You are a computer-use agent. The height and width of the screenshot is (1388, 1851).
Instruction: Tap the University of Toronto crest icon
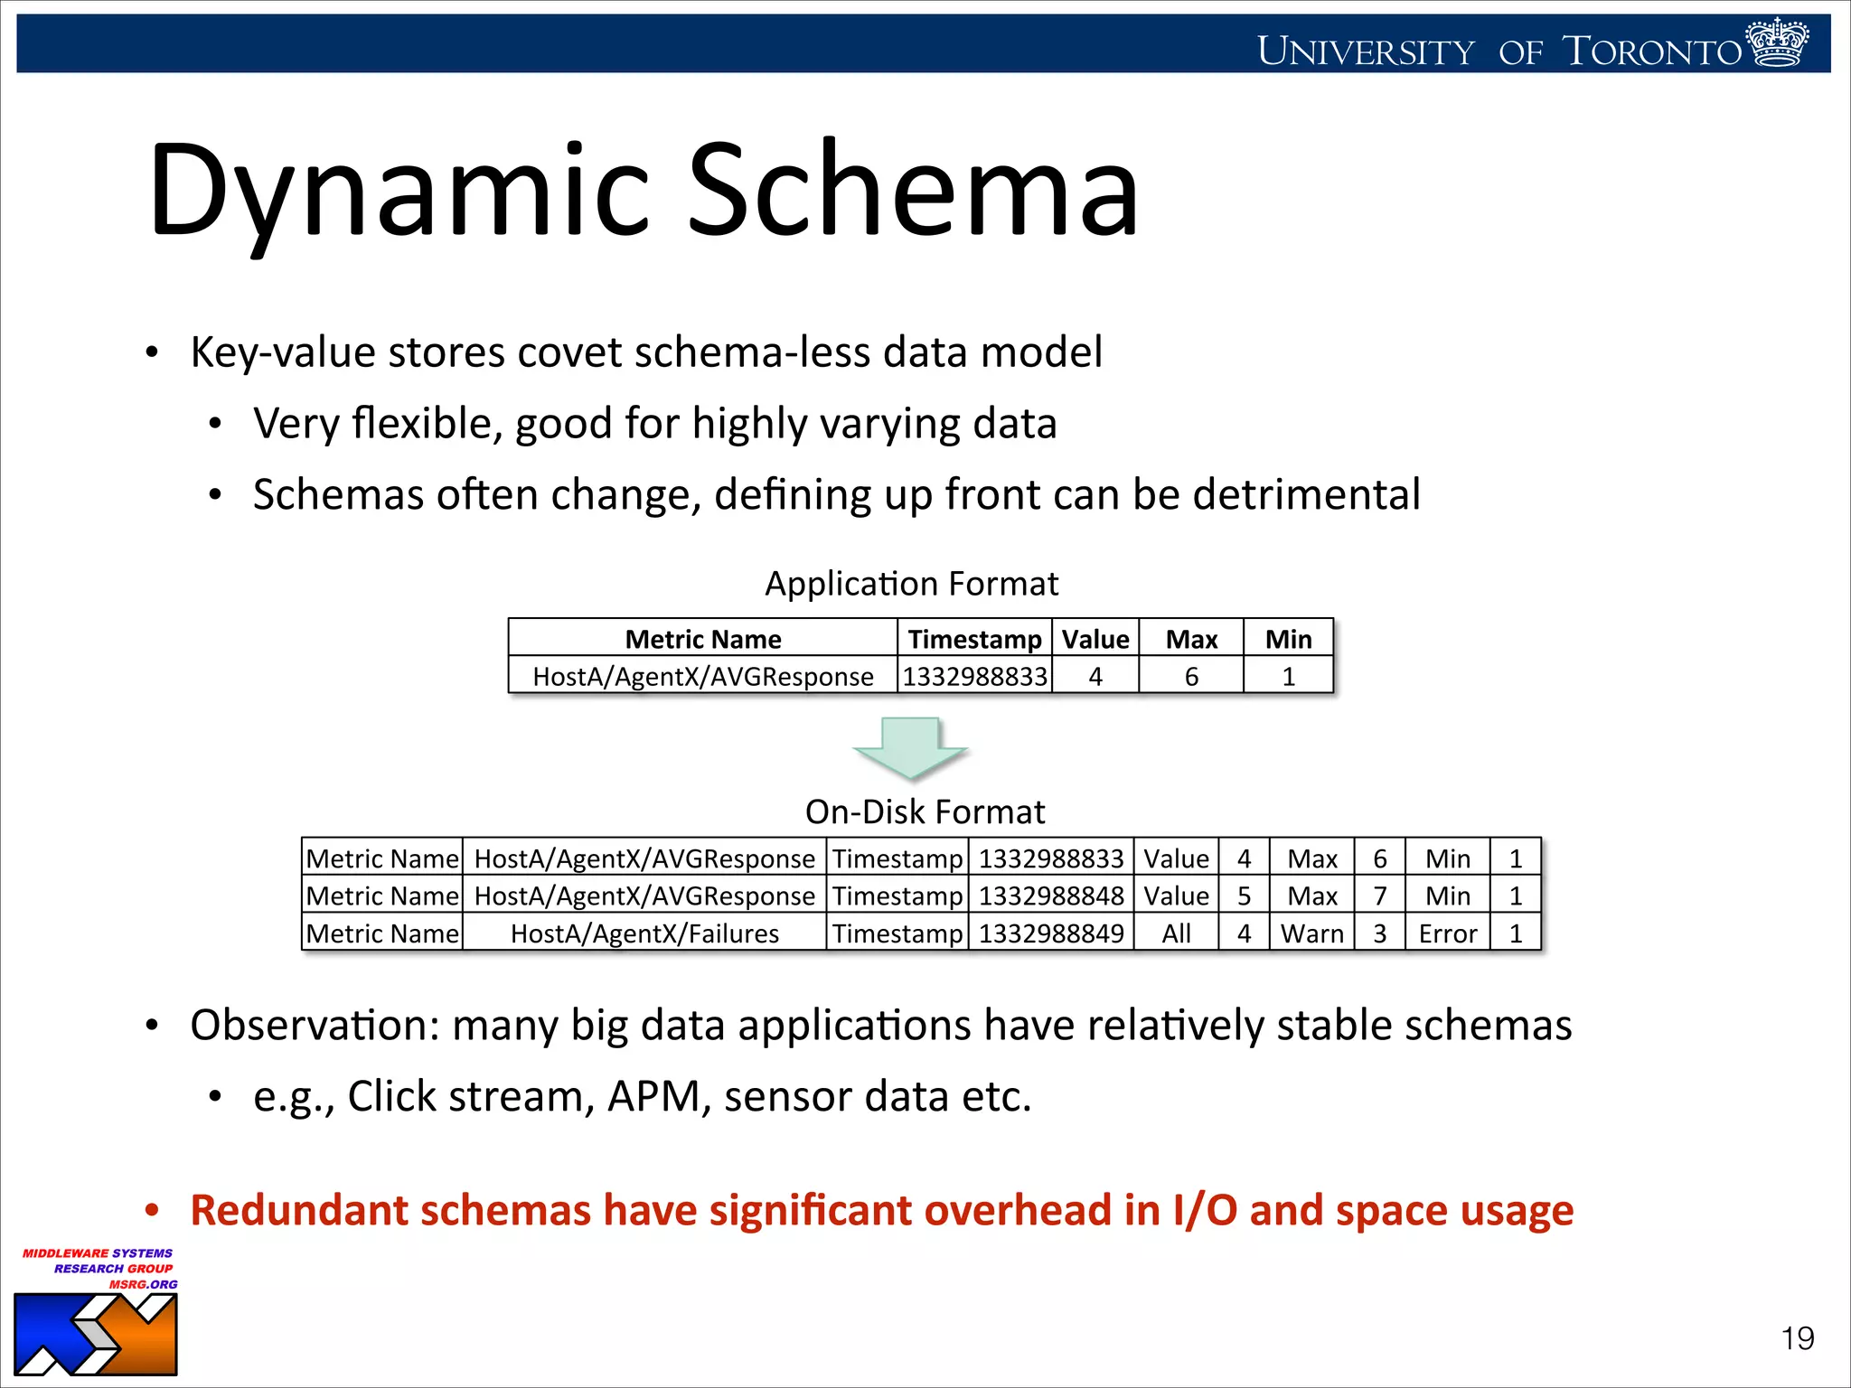tap(1777, 42)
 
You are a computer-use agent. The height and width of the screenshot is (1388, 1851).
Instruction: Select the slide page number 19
tap(1797, 1338)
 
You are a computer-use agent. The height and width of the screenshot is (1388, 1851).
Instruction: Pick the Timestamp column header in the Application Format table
tap(974, 639)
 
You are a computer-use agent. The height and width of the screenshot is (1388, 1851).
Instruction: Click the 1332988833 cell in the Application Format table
tap(974, 676)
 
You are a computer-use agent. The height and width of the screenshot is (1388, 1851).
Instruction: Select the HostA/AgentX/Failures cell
tap(644, 933)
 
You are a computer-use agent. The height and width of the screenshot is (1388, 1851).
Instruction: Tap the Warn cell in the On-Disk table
tap(1311, 933)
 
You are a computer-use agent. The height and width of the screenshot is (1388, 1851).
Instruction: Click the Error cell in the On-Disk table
tap(1447, 933)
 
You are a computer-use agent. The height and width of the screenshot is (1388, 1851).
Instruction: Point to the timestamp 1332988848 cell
tap(1051, 896)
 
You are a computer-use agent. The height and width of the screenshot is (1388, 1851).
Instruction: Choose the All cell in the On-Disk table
tap(1176, 933)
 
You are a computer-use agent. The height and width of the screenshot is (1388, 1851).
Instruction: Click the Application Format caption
tap(911, 584)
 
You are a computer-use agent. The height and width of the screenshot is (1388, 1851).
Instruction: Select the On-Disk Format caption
tap(925, 811)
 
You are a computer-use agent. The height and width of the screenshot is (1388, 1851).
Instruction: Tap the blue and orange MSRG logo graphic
tap(96, 1334)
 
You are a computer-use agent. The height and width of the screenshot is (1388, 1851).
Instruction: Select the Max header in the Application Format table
tap(1191, 639)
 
